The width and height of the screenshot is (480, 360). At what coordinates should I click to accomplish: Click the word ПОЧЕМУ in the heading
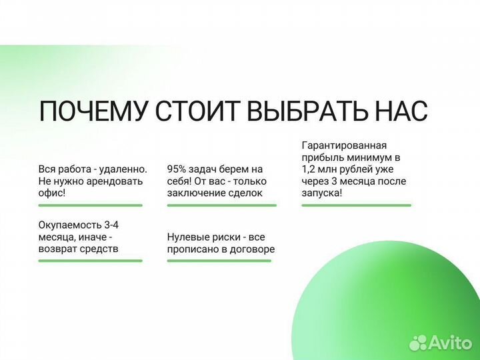tap(92, 111)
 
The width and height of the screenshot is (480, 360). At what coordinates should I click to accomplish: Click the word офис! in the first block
tap(52, 193)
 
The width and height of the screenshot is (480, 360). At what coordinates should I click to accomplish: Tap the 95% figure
tap(177, 170)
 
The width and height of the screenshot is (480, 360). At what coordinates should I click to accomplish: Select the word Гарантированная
tap(344, 145)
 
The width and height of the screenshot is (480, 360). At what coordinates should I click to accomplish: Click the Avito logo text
tap(452, 342)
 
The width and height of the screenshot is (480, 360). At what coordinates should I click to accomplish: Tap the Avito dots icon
tap(419, 342)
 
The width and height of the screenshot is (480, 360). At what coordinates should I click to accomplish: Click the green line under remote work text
tap(90, 205)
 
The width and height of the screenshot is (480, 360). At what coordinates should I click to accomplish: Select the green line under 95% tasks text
tap(221, 205)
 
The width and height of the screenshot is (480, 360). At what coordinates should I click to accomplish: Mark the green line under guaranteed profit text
tap(355, 205)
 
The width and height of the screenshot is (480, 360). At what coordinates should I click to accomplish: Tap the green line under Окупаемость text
tap(90, 261)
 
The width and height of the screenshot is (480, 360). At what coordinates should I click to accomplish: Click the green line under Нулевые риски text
tap(219, 261)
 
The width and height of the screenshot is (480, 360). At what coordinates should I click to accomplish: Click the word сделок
tap(244, 193)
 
